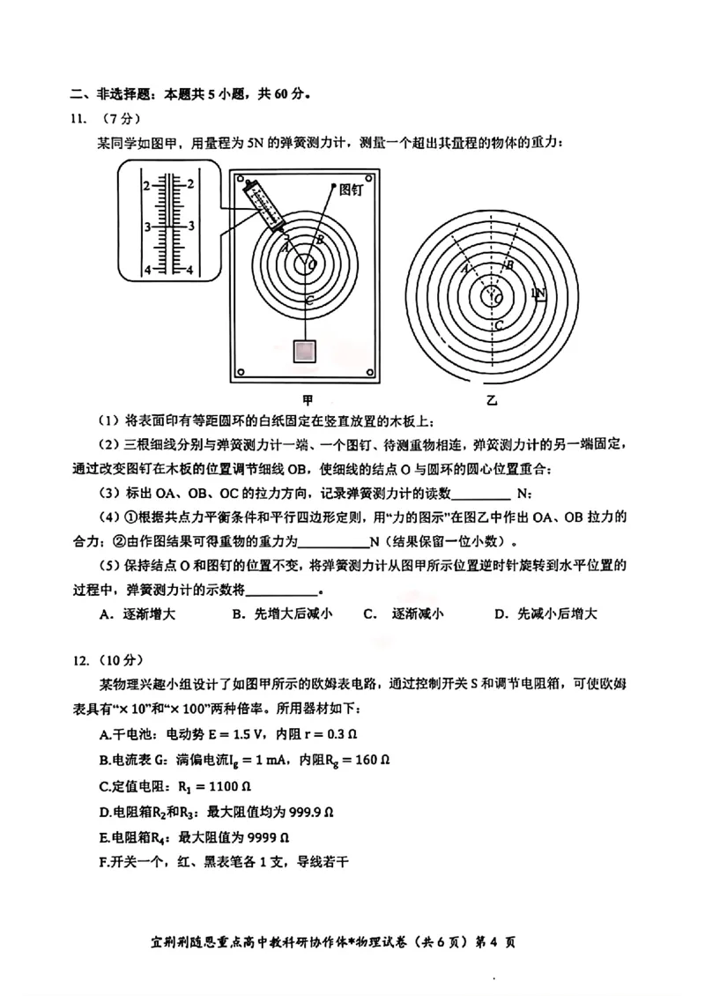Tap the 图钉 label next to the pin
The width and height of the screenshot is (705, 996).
point(351,188)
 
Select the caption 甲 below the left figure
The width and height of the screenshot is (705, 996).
point(308,398)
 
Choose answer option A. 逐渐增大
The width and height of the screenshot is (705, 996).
point(138,614)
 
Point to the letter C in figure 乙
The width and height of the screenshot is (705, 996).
point(498,325)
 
